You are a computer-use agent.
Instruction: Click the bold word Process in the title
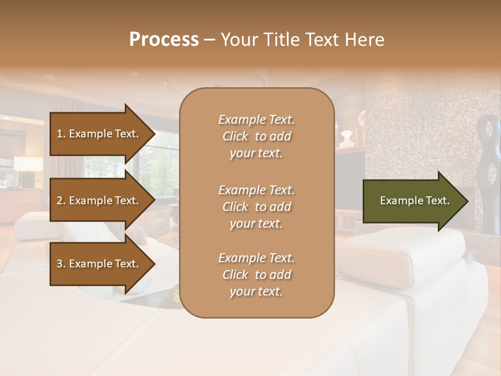[164, 40]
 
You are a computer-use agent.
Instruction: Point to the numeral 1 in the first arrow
[59, 134]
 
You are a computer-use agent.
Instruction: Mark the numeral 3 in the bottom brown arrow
[59, 264]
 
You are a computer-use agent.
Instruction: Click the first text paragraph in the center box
[256, 136]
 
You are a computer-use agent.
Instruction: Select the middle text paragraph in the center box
[256, 207]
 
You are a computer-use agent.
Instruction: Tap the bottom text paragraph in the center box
[256, 275]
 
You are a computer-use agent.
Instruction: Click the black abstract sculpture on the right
[491, 172]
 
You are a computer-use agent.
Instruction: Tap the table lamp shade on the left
[28, 163]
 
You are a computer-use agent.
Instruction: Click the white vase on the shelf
[346, 139]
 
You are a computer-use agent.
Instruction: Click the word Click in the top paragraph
[235, 136]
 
